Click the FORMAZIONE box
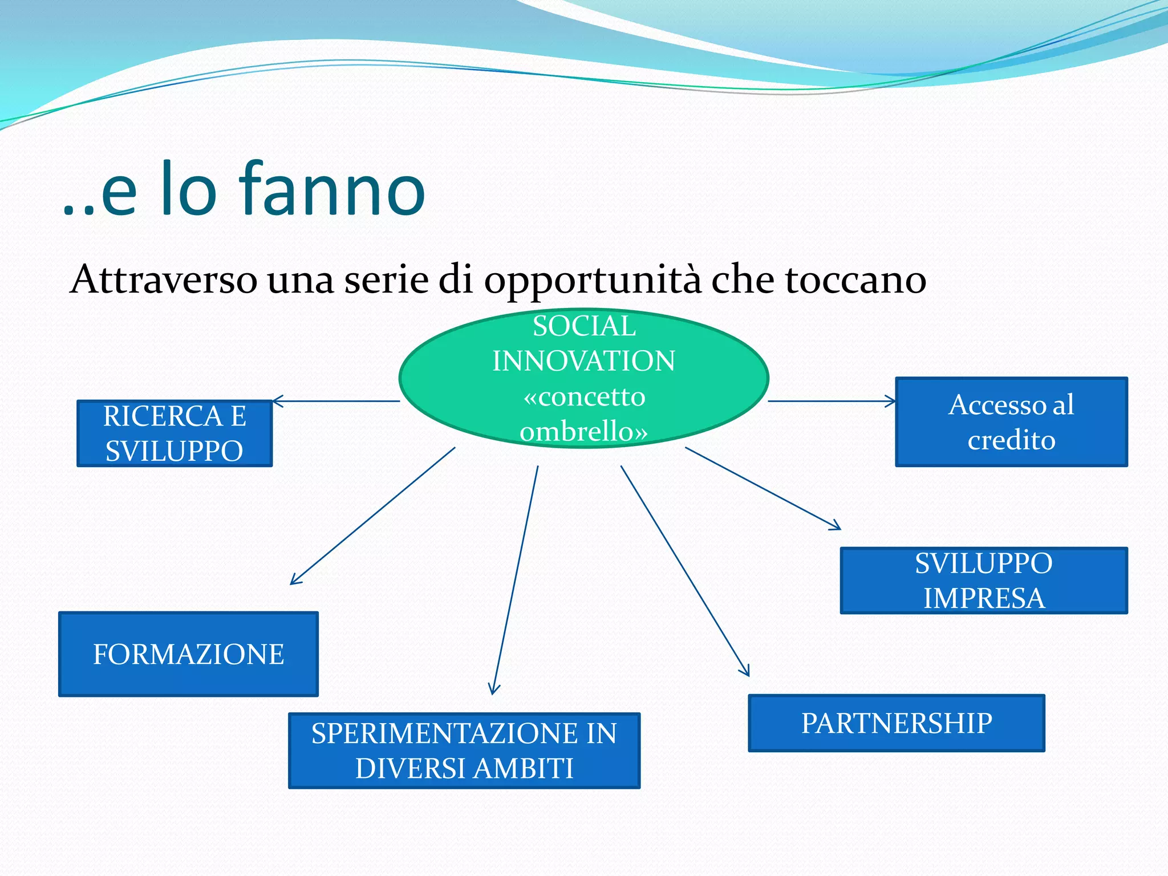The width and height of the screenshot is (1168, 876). (188, 654)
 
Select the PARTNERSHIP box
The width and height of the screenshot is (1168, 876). (896, 723)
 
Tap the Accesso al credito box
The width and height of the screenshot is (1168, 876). (1011, 422)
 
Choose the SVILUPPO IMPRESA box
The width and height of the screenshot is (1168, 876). (984, 581)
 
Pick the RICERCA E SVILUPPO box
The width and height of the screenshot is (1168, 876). (175, 433)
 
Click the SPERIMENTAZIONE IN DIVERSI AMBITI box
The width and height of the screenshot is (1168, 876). (464, 751)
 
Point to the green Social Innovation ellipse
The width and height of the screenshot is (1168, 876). (583, 378)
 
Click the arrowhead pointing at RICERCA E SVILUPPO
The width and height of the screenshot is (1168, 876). (277, 401)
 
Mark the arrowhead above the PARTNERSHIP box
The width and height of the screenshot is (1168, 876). (745, 672)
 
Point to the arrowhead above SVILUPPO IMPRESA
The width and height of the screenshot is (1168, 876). (836, 527)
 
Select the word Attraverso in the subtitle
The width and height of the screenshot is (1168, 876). (163, 280)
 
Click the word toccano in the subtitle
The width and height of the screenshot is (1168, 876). (855, 280)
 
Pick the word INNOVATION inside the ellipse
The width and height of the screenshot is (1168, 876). (583, 361)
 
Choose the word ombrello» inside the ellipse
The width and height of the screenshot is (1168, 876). (583, 431)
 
